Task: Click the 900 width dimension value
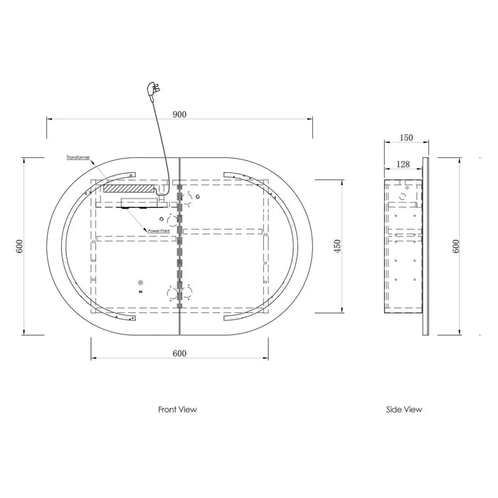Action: [179, 115]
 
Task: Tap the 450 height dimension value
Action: [337, 246]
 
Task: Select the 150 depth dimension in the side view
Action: [406, 137]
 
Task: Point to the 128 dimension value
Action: [403, 164]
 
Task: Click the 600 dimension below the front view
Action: [179, 354]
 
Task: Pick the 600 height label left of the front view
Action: [19, 246]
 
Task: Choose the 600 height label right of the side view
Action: [456, 246]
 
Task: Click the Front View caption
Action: [178, 409]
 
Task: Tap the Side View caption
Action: [404, 409]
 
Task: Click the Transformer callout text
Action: [78, 157]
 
